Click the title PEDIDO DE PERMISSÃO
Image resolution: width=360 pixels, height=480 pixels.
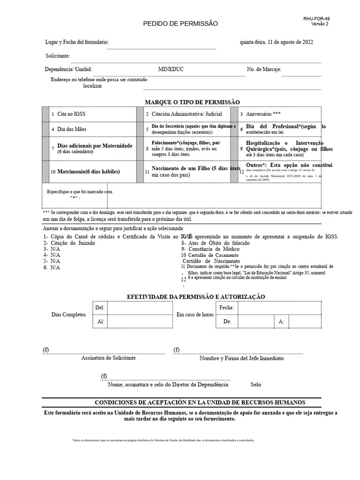tap(180, 23)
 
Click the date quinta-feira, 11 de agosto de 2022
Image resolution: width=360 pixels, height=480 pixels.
tap(277, 42)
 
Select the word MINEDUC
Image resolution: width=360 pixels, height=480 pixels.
tap(171, 69)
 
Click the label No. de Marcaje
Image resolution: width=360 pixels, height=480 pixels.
tap(264, 69)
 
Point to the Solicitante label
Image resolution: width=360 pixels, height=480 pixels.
tap(58, 56)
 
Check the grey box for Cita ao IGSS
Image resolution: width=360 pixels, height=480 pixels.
tap(45, 114)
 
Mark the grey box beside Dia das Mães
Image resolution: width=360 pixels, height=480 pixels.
tap(45, 129)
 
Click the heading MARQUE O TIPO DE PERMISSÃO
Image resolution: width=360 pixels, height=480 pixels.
tap(192, 102)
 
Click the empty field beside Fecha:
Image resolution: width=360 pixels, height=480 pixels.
tap(279, 308)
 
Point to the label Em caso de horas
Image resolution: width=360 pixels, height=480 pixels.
tap(195, 315)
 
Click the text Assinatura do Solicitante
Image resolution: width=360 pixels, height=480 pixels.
tap(108, 358)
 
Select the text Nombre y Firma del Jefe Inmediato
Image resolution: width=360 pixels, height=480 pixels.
tap(241, 358)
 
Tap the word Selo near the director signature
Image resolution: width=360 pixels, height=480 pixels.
tap(256, 384)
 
